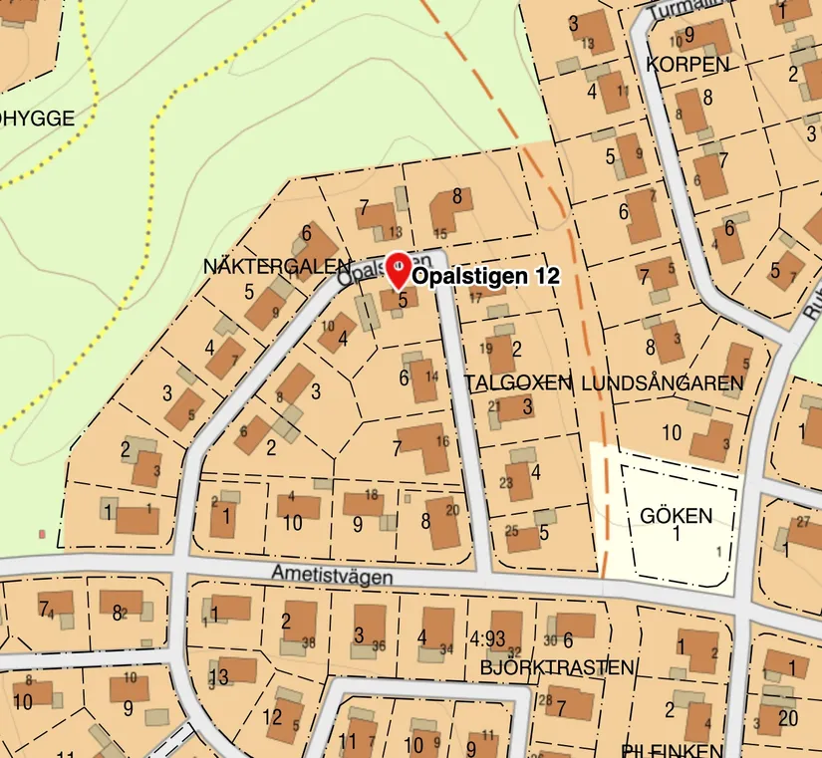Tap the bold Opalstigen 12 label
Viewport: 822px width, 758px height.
(x=486, y=276)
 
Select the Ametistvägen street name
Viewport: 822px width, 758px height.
(x=332, y=575)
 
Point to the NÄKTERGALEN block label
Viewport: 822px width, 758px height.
(x=277, y=267)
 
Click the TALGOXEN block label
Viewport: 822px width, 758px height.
(x=518, y=382)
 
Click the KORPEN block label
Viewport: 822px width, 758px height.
(x=687, y=64)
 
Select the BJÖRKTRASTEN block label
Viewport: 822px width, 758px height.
(x=557, y=666)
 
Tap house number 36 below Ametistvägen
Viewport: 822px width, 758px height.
(x=379, y=645)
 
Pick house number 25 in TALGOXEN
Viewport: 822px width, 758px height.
(x=511, y=530)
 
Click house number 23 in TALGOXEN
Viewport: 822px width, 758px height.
(x=505, y=483)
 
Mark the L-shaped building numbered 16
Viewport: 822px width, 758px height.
(x=427, y=447)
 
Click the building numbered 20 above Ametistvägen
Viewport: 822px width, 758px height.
(x=443, y=523)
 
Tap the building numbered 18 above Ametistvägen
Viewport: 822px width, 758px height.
(x=364, y=502)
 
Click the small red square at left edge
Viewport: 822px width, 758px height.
(x=42, y=535)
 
